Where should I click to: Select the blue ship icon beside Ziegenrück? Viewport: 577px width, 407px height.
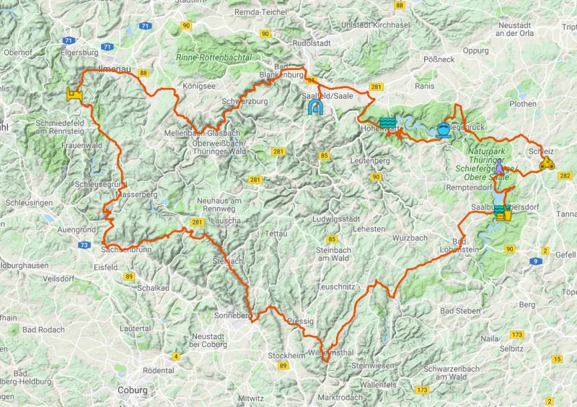[443, 131]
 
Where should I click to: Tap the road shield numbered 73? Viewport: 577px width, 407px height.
[86, 246]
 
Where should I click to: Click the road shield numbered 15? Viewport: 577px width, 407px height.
[557, 359]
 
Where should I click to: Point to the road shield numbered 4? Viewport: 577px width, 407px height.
[175, 356]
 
